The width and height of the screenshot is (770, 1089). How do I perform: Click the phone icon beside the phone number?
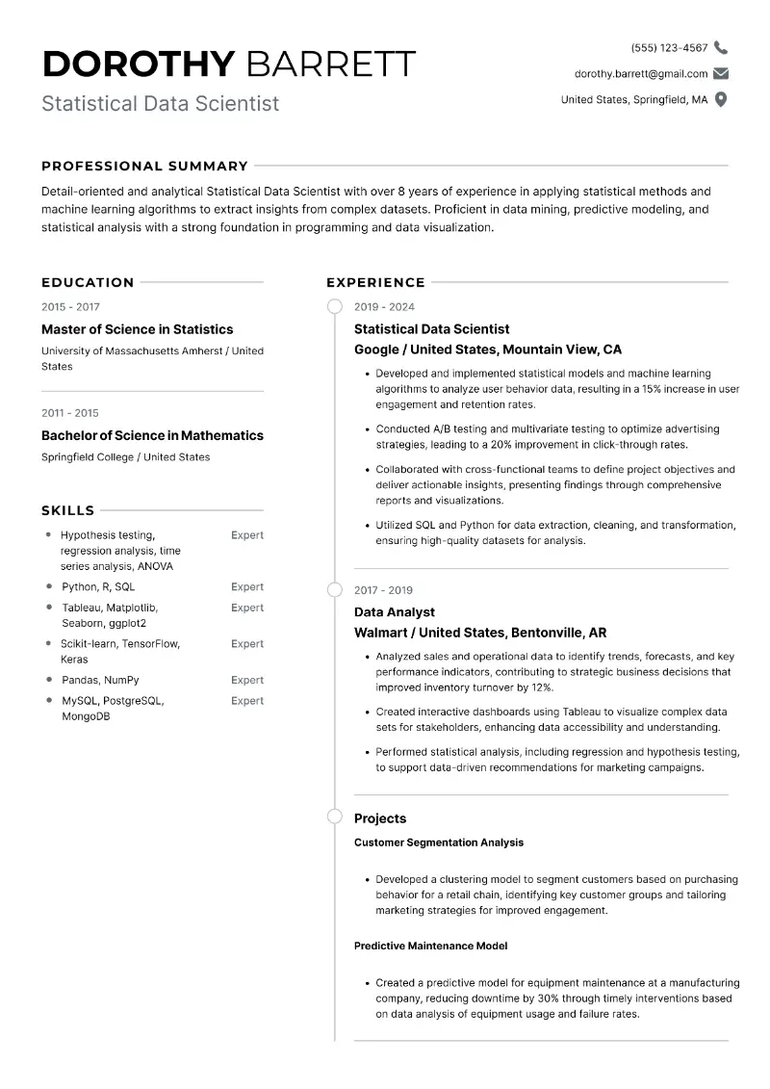tap(721, 47)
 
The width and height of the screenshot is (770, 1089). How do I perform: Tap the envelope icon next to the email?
tap(721, 73)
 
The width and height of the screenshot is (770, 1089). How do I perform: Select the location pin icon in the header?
tap(721, 99)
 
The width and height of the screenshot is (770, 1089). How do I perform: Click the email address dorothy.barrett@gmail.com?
tap(640, 73)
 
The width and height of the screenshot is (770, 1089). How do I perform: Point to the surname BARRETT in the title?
tap(331, 64)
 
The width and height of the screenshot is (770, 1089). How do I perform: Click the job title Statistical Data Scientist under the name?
tap(160, 103)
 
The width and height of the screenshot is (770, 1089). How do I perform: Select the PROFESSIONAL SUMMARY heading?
tap(144, 166)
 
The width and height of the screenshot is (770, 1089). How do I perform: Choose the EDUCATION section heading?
tap(88, 282)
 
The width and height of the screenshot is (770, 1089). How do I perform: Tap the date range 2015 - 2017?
tap(70, 307)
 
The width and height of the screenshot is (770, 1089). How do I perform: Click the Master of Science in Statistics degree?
tap(137, 329)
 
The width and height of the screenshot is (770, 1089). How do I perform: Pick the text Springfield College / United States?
tap(125, 457)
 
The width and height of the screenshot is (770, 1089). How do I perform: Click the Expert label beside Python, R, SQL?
tap(247, 586)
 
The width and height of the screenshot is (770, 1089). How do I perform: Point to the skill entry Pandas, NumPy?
tap(100, 680)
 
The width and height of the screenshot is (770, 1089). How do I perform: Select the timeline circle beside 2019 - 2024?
tap(335, 307)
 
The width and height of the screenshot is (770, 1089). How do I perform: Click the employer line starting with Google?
tap(487, 350)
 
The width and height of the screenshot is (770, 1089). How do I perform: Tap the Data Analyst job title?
tap(395, 612)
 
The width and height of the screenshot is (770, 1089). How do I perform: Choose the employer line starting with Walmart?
tap(480, 633)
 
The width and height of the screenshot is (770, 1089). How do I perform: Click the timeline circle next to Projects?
tap(335, 817)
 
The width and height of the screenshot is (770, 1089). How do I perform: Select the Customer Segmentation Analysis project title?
tap(439, 843)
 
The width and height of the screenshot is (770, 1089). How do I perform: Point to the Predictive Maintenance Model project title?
tap(430, 946)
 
